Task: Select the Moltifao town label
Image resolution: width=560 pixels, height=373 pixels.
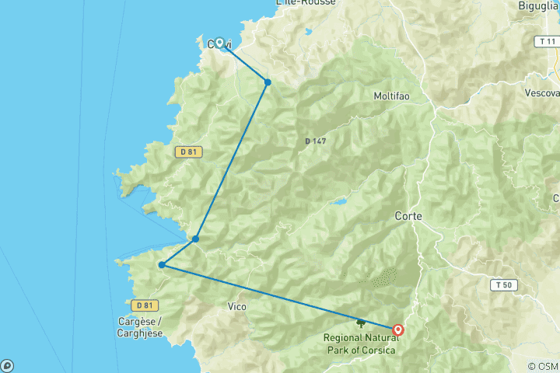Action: pos(392,96)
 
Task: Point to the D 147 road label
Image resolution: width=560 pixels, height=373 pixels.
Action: pos(315,141)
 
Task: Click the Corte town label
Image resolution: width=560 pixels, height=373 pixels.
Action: pos(408,216)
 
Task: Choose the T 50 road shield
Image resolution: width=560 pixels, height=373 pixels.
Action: pos(502,285)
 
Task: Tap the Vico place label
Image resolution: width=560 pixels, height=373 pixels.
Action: pos(236,307)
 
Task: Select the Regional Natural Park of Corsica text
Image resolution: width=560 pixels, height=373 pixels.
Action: pos(359,344)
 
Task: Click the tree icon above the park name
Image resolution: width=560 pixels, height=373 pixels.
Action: pos(360,322)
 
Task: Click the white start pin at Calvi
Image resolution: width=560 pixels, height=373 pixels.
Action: pos(219,43)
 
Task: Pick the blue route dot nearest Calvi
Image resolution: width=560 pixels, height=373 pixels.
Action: pos(268,82)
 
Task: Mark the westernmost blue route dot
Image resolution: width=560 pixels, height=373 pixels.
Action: pos(162,265)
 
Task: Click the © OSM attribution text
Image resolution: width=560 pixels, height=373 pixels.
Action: pos(543,366)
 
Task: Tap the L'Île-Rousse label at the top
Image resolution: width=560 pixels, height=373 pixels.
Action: pos(306,3)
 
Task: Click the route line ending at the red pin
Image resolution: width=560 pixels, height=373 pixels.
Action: pos(280,298)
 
